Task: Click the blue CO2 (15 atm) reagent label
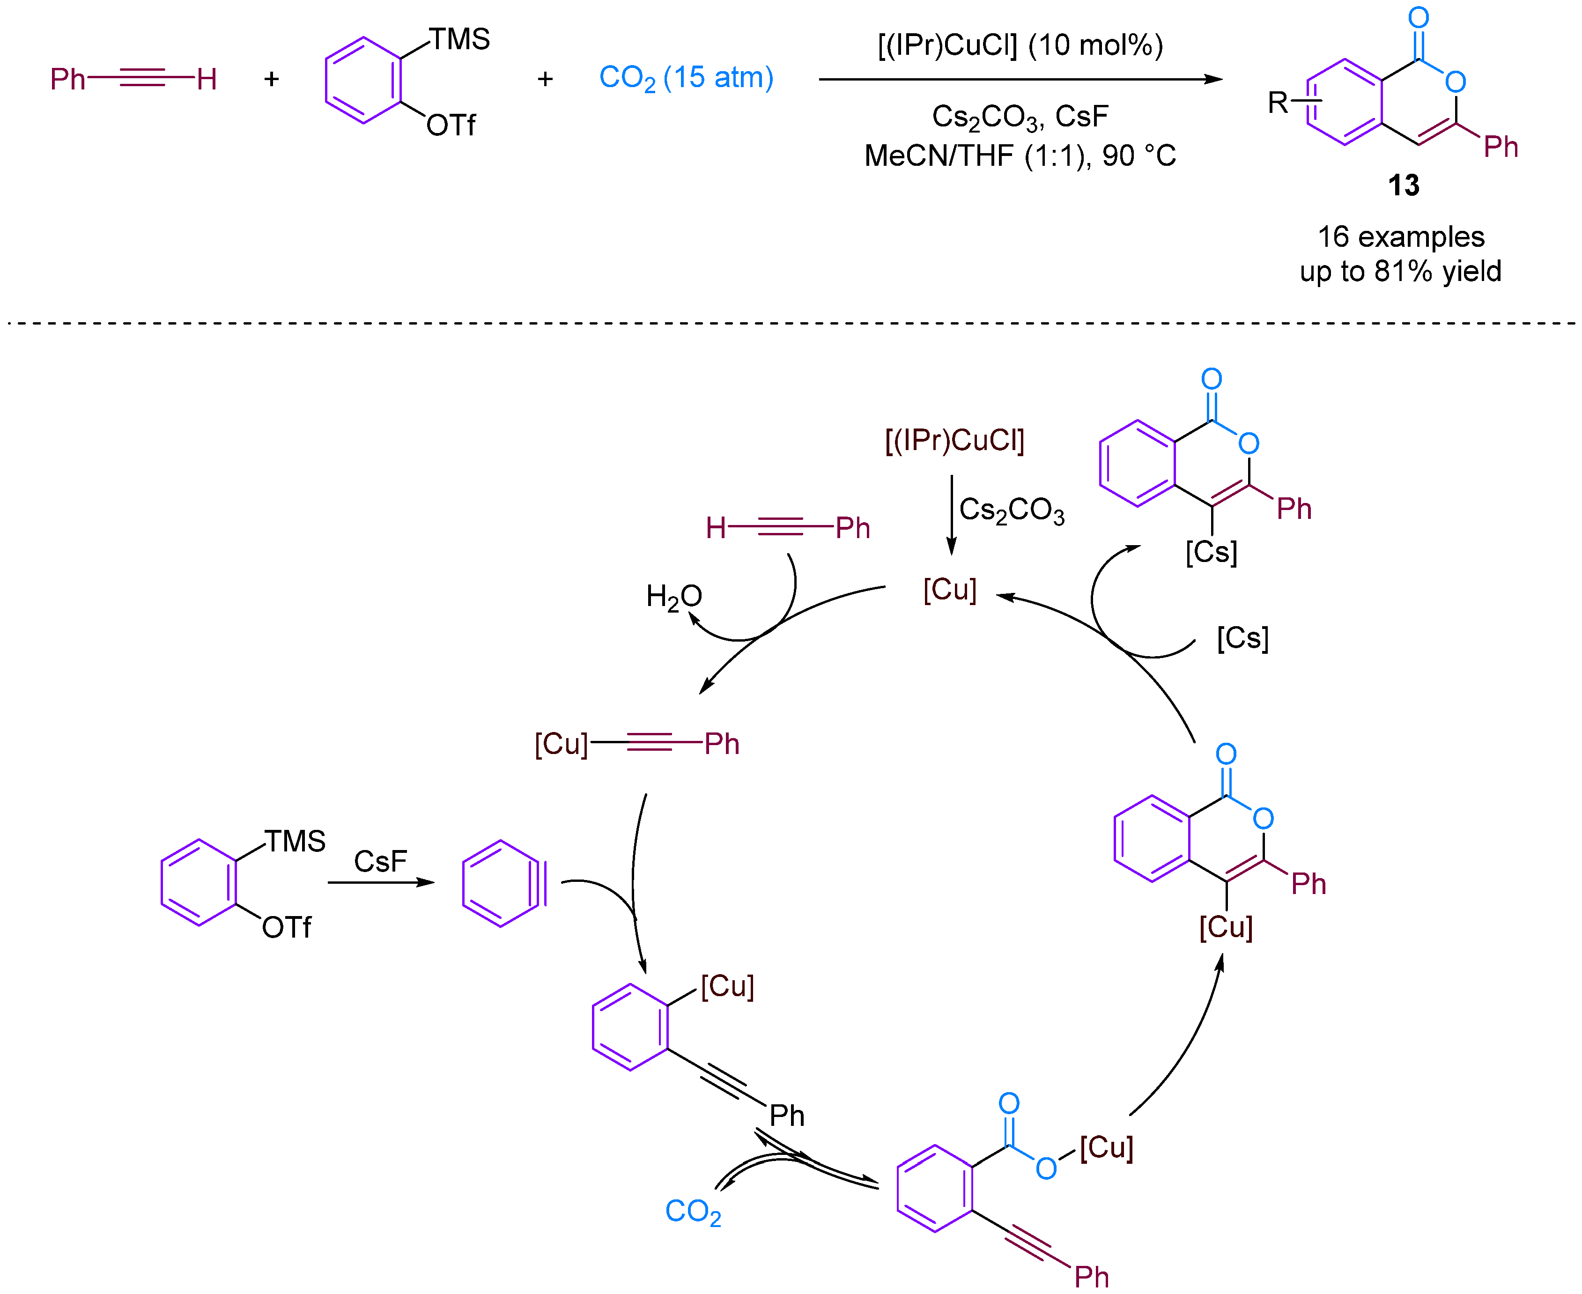pyautogui.click(x=686, y=78)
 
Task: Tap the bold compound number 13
pyautogui.click(x=1403, y=185)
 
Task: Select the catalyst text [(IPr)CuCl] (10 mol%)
pyautogui.click(x=1020, y=45)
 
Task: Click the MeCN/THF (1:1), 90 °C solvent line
pyautogui.click(x=1020, y=156)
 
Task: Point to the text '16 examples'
pyautogui.click(x=1400, y=237)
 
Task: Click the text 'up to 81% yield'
pyautogui.click(x=1400, y=271)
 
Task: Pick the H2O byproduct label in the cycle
pyautogui.click(x=673, y=596)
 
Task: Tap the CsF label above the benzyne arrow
pyautogui.click(x=380, y=862)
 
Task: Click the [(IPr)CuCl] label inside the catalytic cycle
pyautogui.click(x=954, y=441)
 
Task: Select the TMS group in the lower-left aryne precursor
pyautogui.click(x=295, y=842)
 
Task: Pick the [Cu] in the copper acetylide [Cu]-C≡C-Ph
pyautogui.click(x=561, y=743)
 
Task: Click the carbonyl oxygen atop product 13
pyautogui.click(x=1418, y=17)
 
